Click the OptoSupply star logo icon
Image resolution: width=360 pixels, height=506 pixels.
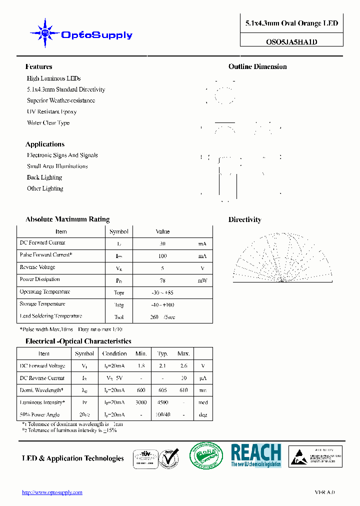click(45, 33)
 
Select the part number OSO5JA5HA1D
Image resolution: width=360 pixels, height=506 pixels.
click(291, 42)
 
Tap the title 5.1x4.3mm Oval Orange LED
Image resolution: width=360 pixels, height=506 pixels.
click(291, 23)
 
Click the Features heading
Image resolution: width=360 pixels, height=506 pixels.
click(38, 66)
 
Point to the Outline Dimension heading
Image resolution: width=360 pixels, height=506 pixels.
click(257, 66)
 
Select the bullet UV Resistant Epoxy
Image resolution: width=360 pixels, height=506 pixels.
click(51, 111)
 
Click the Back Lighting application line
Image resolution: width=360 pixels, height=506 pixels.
click(44, 177)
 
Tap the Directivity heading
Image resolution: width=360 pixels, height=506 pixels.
click(244, 219)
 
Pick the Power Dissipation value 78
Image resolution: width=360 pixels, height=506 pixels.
click(162, 280)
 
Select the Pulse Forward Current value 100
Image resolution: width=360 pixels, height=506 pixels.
click(162, 256)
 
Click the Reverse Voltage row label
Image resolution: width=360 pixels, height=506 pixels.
click(37, 267)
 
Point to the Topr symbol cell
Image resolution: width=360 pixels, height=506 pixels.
click(119, 292)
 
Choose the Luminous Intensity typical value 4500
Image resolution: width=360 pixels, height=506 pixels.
click(162, 402)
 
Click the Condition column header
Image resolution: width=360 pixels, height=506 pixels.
click(114, 353)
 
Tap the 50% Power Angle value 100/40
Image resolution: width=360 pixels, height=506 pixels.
click(162, 415)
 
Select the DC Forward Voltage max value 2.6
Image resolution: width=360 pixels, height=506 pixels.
click(183, 366)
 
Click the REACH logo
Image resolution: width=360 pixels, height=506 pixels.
click(255, 455)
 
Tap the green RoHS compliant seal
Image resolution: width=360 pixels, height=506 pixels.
click(206, 455)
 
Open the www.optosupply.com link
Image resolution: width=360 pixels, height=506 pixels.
click(52, 492)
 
